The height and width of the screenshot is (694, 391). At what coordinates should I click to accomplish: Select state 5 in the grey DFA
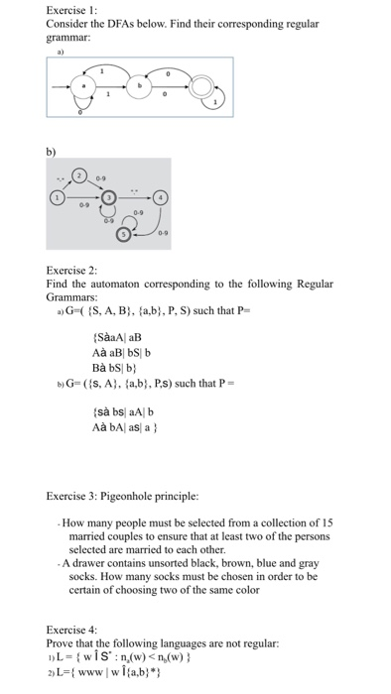pos(123,235)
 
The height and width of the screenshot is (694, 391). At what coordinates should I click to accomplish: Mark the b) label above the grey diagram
pos(52,153)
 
